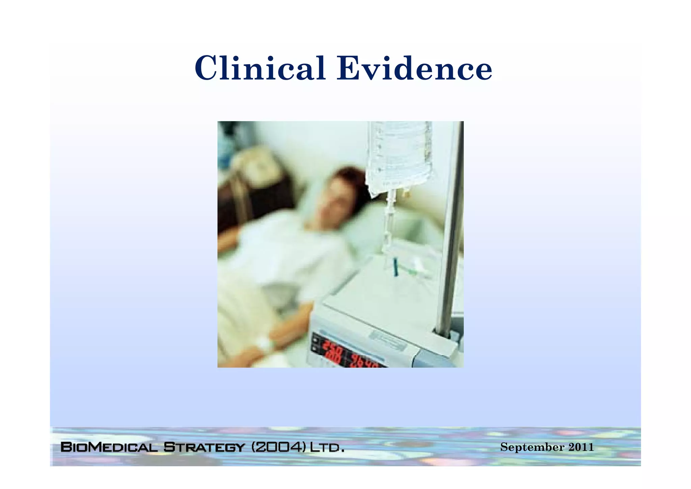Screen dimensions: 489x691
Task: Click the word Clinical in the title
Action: click(x=260, y=69)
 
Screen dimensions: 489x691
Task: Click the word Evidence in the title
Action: click(x=414, y=69)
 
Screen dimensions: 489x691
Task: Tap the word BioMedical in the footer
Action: click(x=109, y=447)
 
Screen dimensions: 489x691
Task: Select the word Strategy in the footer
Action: click(x=204, y=447)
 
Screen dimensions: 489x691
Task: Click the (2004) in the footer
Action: click(x=279, y=447)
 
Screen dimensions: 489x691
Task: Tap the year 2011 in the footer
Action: click(x=581, y=447)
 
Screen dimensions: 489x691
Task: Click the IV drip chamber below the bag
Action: click(x=391, y=203)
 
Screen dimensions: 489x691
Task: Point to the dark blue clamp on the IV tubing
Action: click(x=395, y=267)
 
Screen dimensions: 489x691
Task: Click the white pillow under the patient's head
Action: click(x=375, y=226)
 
